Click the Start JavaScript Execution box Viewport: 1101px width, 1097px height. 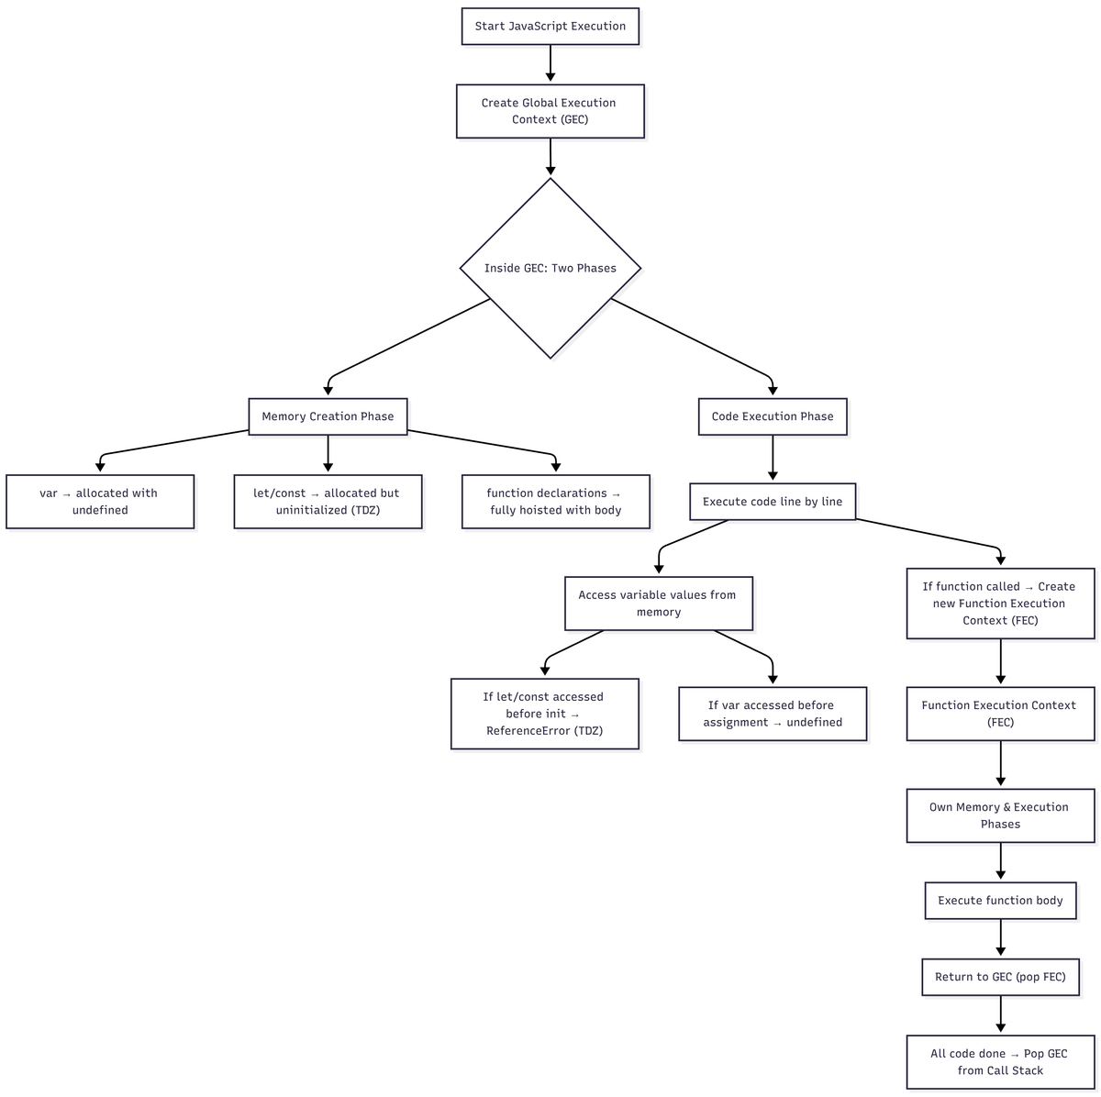pos(550,27)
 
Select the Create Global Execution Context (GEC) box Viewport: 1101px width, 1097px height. pos(550,111)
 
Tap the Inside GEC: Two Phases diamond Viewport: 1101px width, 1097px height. pos(550,268)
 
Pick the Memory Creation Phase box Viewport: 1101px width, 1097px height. pos(328,416)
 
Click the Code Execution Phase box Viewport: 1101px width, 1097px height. pos(773,416)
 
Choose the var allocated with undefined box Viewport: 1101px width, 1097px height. pos(100,502)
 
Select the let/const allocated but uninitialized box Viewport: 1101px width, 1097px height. pos(328,502)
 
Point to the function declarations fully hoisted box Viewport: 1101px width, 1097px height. pos(555,502)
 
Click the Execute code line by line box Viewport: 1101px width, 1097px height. pos(773,502)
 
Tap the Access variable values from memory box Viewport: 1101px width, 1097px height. pos(659,604)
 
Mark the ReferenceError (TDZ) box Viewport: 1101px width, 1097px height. pos(545,714)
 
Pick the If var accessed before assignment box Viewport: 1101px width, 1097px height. pos(773,714)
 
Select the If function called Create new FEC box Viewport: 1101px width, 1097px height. pos(1000,604)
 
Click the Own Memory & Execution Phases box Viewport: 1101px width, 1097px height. pos(1000,815)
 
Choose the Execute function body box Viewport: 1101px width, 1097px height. pos(1000,901)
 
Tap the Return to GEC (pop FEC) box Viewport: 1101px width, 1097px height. pos(1000,977)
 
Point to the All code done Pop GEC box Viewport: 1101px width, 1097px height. pos(1000,1062)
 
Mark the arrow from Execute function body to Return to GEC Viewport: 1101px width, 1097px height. pos(1000,938)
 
